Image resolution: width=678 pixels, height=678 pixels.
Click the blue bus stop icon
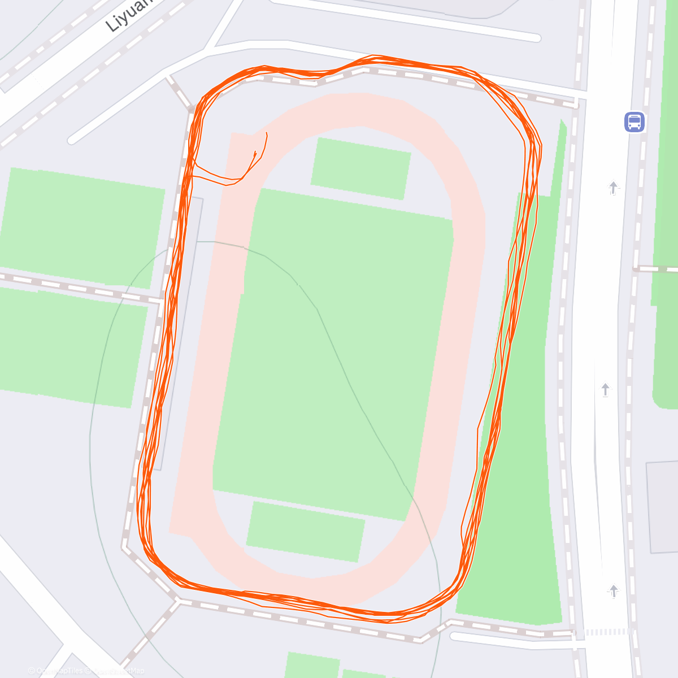[634, 122]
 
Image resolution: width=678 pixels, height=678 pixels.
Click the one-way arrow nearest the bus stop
[614, 188]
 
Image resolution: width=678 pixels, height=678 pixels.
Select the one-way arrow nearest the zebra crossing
[614, 591]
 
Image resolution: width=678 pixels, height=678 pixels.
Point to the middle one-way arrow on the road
[605, 389]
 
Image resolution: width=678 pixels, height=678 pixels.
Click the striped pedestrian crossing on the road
[607, 632]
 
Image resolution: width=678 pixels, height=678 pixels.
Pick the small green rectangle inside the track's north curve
[360, 168]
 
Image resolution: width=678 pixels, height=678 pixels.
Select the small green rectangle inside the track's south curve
[305, 532]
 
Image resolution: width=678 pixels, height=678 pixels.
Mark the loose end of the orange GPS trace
[266, 133]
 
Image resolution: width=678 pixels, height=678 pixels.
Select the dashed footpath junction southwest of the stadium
[179, 601]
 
